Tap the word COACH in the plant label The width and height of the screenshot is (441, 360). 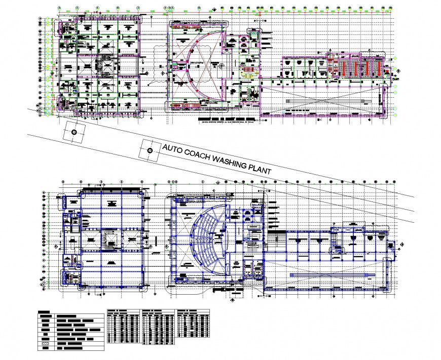198,155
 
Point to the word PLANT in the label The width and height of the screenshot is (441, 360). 260,170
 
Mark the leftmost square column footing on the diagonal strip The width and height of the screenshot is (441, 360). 74,132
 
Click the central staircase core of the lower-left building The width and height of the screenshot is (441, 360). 108,239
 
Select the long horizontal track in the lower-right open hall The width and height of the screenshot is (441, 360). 332,274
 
